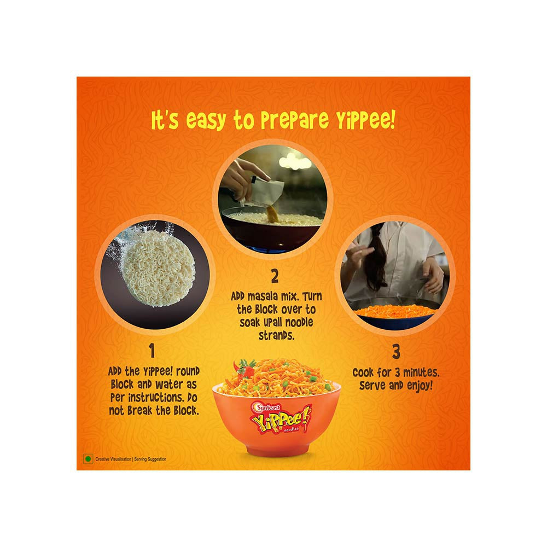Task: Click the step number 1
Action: click(x=152, y=351)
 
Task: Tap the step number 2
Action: click(x=275, y=276)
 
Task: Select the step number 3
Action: click(x=396, y=352)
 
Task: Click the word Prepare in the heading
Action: click(x=295, y=120)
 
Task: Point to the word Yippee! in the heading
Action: click(x=365, y=119)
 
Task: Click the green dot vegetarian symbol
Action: click(x=88, y=459)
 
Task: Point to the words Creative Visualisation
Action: click(x=113, y=459)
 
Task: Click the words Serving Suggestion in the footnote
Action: click(x=150, y=459)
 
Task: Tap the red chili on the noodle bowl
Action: click(x=245, y=371)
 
